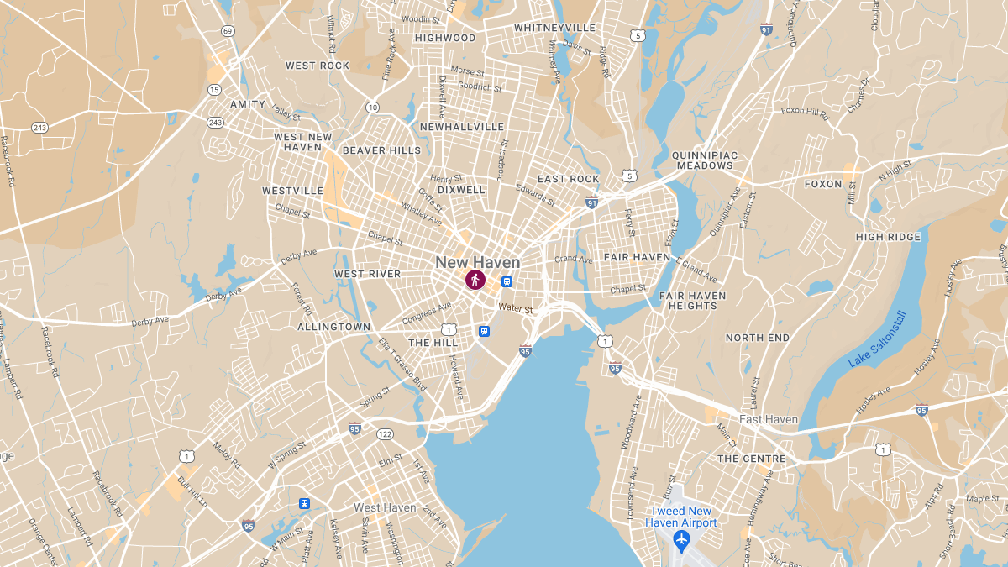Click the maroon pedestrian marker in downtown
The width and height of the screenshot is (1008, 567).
(475, 280)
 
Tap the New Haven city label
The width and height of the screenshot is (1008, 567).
(477, 262)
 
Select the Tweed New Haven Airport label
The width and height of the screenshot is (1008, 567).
(681, 517)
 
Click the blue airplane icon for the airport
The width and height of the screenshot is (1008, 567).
(681, 537)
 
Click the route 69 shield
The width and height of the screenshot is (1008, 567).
(228, 31)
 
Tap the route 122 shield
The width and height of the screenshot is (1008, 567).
(386, 433)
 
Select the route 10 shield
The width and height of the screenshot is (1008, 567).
(372, 107)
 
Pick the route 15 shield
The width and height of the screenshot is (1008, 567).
(214, 89)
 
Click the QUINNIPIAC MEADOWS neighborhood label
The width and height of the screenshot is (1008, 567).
(703, 160)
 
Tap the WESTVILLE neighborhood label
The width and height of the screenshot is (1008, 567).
(292, 191)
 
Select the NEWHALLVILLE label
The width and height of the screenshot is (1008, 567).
(462, 127)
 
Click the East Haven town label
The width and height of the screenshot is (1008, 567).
(768, 419)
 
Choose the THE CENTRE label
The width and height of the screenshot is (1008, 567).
(751, 459)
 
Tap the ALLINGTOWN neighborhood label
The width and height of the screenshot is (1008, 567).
(333, 327)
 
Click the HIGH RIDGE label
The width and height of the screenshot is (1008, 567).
(888, 237)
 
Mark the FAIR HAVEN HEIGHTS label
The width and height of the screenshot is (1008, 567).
(693, 301)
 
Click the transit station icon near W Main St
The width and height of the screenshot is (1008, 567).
(304, 503)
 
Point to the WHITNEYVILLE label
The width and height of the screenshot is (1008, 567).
(554, 28)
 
